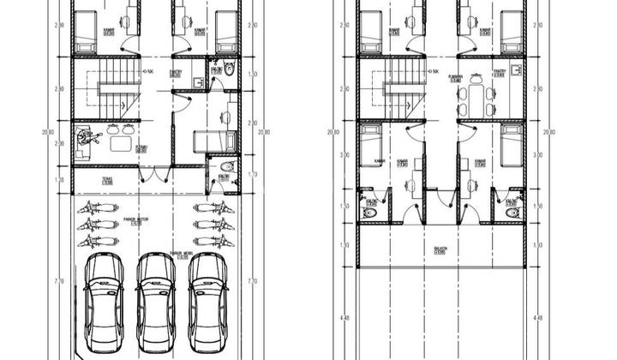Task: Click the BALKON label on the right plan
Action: tap(440, 250)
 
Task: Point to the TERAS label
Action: tap(107, 180)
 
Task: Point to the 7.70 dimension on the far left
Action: tap(58, 280)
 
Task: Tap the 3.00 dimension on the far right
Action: tap(538, 155)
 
